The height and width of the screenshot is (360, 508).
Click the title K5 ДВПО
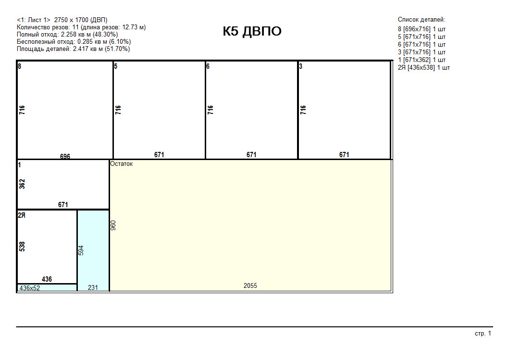252,31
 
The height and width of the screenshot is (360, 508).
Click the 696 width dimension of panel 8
65,157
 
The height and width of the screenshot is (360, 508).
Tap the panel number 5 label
116,66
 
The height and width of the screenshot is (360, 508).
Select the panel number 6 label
208,66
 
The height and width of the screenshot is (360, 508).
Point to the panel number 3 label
301,66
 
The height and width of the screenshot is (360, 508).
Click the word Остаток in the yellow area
122,164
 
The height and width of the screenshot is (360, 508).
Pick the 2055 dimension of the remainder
250,286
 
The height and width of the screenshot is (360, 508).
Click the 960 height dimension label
113,225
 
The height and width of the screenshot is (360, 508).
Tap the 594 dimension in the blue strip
81,250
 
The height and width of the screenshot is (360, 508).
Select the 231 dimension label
93,287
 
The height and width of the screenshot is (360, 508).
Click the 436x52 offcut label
30,288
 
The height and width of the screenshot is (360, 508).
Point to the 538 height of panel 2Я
22,247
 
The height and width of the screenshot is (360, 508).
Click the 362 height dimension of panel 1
22,184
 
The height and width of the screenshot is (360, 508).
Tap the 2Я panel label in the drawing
22,215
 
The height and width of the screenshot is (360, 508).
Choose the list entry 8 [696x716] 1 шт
422,29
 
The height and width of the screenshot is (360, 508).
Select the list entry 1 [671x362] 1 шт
422,60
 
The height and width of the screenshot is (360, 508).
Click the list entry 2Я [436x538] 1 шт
424,68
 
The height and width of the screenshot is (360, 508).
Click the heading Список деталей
421,20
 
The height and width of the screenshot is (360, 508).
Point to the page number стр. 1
483,334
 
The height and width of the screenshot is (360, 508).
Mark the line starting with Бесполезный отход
74,42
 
